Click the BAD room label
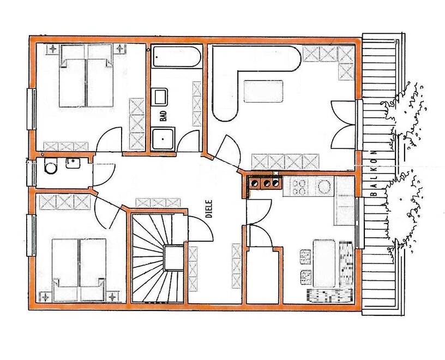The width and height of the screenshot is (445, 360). tap(163, 116)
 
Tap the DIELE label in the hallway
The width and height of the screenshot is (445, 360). tap(209, 209)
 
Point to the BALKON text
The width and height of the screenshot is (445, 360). tap(374, 173)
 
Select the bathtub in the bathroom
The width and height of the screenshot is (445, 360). tap(177, 57)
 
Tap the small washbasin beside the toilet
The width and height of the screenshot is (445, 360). tap(73, 163)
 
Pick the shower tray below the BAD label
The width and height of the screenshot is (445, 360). tap(163, 139)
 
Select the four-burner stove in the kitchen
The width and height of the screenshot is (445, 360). tap(298, 187)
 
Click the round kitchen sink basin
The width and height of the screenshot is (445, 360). tap(324, 187)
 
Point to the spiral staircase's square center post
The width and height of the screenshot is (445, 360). tap(173, 258)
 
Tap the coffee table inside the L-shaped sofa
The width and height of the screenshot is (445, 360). tap(263, 92)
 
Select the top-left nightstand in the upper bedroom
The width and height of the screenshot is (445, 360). tap(53, 49)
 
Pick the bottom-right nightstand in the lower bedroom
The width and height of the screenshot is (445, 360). tap(113, 297)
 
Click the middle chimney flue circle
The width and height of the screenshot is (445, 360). tap(267, 183)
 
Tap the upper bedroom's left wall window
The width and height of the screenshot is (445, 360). tap(31, 109)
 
